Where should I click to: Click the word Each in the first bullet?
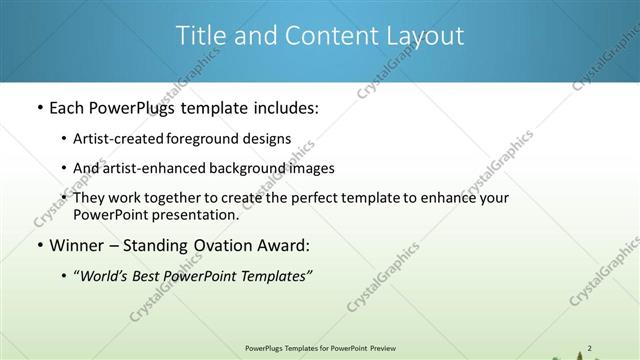pos(67,107)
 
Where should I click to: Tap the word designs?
pos(269,138)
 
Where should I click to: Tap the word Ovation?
pos(211,245)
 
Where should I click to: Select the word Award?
pos(282,245)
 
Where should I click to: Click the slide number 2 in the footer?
pos(590,348)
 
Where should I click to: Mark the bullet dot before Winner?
pos(39,246)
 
